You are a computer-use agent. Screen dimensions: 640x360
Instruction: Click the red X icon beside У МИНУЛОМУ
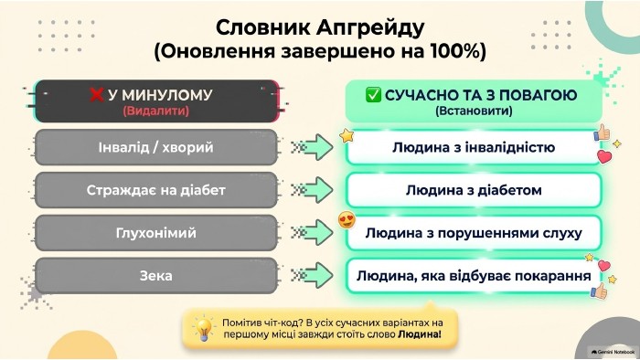click(96, 95)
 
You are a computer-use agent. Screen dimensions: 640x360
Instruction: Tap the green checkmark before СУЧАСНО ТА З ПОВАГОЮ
click(373, 95)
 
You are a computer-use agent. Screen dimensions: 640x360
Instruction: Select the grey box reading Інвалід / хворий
click(156, 147)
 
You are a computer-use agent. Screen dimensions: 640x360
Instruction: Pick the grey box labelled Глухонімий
click(156, 233)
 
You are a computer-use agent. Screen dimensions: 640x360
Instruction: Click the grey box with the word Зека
click(156, 276)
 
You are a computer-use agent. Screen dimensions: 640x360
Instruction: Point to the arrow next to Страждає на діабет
click(313, 190)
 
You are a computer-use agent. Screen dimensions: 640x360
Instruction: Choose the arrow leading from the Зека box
click(313, 276)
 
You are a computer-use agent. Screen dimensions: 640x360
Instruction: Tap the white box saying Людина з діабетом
click(474, 190)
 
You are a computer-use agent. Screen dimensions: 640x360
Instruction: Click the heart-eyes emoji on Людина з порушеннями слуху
click(347, 220)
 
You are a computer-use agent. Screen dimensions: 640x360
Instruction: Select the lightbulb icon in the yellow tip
click(203, 328)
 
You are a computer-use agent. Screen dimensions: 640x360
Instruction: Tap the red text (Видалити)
click(156, 111)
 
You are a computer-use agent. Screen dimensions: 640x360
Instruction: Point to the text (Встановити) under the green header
click(474, 111)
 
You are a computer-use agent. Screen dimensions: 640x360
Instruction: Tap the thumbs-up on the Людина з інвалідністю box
click(603, 132)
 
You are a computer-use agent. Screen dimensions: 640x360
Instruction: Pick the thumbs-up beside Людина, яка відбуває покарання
click(599, 291)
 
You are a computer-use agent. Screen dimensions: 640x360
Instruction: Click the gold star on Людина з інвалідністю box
click(347, 136)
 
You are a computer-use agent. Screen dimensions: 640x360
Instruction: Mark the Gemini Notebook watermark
click(613, 352)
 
